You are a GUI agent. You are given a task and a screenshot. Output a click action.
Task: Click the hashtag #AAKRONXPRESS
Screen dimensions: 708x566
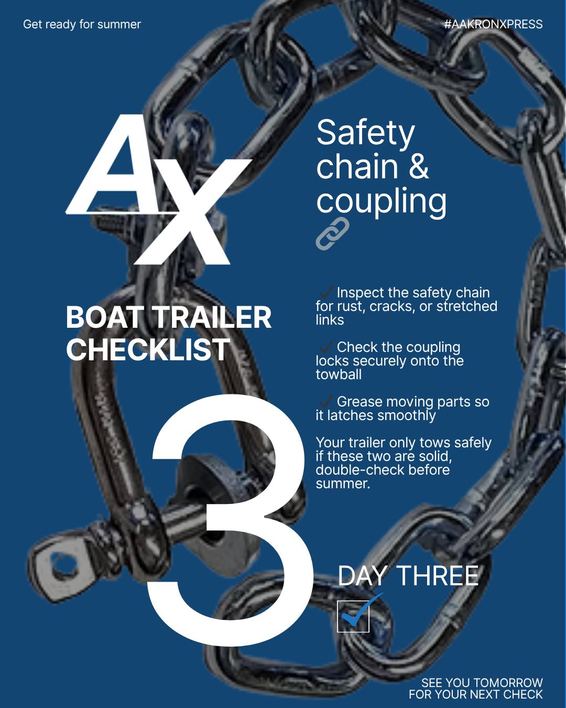493,24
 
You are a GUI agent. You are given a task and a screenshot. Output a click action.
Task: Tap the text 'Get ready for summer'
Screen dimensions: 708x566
82,24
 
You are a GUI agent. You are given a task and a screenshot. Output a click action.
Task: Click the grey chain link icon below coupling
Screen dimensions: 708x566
332,233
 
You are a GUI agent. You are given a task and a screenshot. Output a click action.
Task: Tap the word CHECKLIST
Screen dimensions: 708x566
148,349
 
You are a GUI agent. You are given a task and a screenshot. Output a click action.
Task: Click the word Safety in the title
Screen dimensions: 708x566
365,133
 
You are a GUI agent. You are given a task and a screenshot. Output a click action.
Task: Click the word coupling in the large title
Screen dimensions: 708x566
381,201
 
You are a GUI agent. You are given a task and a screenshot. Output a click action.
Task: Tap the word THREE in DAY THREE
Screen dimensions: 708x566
437,576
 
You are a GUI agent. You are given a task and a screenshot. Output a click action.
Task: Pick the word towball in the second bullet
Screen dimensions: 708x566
339,374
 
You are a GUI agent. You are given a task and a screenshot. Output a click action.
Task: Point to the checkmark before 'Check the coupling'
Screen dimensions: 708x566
325,346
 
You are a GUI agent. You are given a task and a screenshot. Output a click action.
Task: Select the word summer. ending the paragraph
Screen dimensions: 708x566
343,484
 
